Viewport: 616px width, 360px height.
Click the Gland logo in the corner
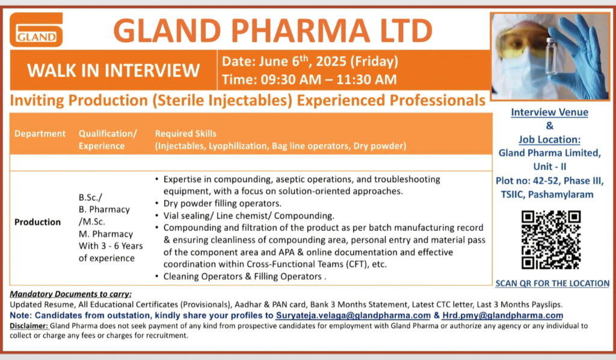coord(36,29)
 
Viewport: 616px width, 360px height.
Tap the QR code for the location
coord(551,240)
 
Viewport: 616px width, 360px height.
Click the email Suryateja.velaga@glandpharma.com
coord(353,315)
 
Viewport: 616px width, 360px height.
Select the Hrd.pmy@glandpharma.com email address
coord(502,315)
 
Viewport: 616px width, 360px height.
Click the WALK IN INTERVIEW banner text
coord(114,70)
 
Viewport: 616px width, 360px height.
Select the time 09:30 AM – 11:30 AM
coord(328,79)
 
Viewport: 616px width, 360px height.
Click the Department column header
coord(40,134)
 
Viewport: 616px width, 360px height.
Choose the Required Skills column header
coord(185,134)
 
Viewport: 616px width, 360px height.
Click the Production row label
coord(38,222)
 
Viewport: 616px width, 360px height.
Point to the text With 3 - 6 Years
coord(111,246)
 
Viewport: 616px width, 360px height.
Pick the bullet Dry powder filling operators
coord(223,203)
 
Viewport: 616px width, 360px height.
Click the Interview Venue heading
coord(550,113)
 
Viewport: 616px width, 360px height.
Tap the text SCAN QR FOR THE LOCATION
coord(552,284)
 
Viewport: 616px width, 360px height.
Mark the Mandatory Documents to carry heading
coord(71,294)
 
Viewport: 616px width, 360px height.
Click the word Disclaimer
coord(29,326)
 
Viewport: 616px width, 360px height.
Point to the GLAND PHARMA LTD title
coord(273,31)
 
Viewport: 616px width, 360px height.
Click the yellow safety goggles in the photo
coord(519,43)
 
